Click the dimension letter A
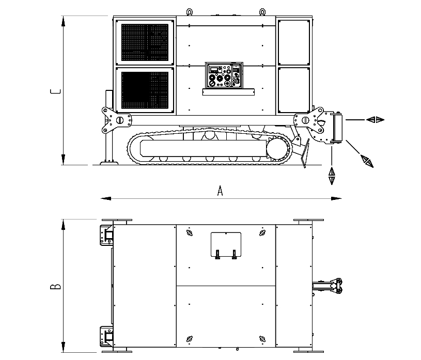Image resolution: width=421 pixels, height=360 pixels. [220, 191]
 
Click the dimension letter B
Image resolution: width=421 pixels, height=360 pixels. [55, 286]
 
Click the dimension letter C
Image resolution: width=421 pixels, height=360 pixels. [55, 91]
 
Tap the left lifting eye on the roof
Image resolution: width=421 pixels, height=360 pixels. [190, 12]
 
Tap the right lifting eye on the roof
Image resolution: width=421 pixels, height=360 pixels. [262, 12]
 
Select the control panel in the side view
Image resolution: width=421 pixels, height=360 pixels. [224, 75]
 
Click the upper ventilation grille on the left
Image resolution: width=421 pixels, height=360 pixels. [145, 42]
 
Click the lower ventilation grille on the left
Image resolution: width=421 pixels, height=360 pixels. [145, 90]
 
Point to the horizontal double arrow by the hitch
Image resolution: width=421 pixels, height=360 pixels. [376, 119]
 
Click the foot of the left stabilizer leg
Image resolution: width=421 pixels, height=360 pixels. [109, 163]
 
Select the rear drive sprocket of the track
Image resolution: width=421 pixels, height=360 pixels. [279, 149]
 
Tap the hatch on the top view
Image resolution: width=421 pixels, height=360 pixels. [226, 244]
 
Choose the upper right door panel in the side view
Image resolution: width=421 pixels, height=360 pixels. [294, 42]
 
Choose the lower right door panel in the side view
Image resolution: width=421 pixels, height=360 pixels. [294, 90]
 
